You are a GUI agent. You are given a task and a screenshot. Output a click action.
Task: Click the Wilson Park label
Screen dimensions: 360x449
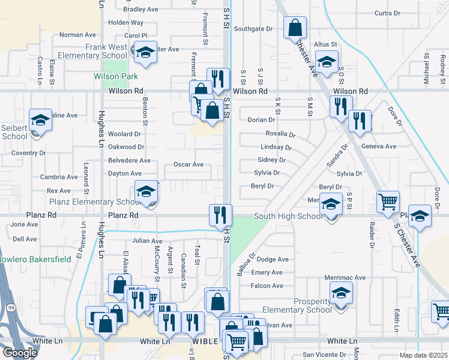[x=116, y=76]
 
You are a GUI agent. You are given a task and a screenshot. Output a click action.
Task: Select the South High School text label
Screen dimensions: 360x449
[x=288, y=216]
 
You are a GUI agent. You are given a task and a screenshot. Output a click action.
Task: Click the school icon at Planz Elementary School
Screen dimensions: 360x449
[x=145, y=192]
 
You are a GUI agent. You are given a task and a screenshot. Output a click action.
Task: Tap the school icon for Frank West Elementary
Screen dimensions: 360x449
[x=145, y=53]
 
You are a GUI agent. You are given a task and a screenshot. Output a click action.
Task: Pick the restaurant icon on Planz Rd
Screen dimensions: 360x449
[x=220, y=214]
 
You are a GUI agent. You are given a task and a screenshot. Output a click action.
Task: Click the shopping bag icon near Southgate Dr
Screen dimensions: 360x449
[x=295, y=27]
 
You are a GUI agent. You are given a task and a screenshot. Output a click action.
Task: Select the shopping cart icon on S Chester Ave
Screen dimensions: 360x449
[x=388, y=202]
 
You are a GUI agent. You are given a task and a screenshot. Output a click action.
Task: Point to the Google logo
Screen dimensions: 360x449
[x=20, y=353]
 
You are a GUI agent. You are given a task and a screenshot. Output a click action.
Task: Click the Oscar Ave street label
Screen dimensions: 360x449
[x=188, y=164]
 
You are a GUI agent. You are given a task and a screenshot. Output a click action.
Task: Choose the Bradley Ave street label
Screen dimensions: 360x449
[x=140, y=10]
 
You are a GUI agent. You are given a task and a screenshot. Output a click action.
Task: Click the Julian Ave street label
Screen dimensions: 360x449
[x=148, y=241]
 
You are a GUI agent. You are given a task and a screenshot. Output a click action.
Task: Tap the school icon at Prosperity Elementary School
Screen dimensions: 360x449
[x=340, y=293]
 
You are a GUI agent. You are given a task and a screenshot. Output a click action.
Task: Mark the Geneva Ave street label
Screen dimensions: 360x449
[x=379, y=146]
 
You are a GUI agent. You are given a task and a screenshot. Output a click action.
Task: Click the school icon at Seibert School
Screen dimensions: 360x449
[x=40, y=120]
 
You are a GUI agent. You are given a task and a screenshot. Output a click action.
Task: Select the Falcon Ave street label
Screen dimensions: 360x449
[x=267, y=286]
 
